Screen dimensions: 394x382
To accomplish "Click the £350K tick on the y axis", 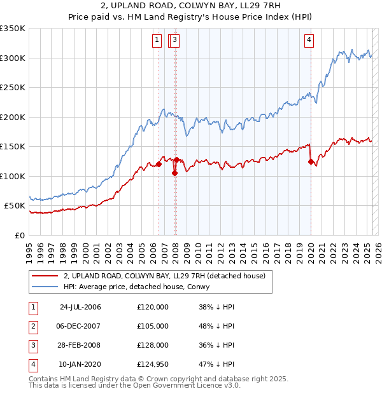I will click(x=13, y=29).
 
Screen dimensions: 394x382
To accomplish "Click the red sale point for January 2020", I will click(x=311, y=161).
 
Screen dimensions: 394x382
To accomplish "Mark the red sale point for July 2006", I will click(x=159, y=165).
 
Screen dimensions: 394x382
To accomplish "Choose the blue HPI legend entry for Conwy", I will click(x=140, y=287).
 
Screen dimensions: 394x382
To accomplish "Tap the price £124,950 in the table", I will click(x=153, y=364).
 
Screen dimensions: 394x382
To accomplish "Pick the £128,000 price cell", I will click(x=153, y=345).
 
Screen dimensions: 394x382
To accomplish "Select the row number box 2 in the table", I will click(x=33, y=326).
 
